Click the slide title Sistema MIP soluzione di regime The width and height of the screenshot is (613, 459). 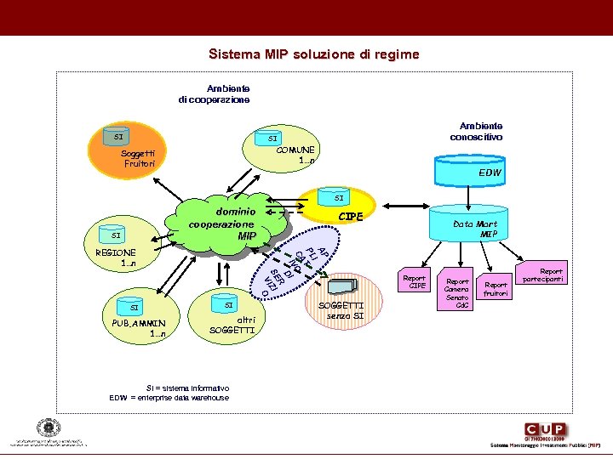click(314, 54)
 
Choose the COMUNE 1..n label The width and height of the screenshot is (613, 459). click(295, 155)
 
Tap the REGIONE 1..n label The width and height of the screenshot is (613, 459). click(116, 258)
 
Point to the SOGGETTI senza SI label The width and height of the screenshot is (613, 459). click(341, 310)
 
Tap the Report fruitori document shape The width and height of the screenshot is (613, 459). click(496, 289)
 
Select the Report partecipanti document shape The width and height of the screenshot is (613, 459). click(546, 275)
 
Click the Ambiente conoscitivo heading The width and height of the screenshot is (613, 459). click(476, 131)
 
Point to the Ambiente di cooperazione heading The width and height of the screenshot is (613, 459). click(215, 93)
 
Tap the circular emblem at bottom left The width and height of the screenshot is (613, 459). click(43, 429)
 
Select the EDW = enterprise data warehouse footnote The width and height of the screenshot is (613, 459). click(169, 398)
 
